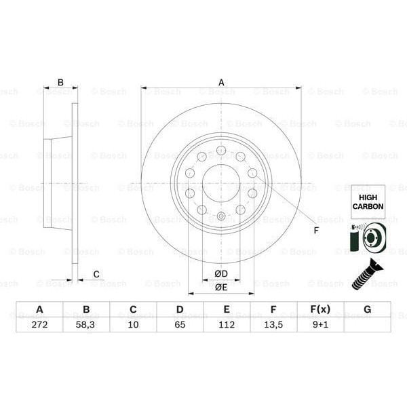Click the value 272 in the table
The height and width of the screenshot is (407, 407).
pos(39,324)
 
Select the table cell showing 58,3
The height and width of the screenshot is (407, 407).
pos(86,324)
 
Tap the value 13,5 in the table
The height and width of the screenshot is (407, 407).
pos(273,324)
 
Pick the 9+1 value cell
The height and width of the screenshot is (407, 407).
pos(319,324)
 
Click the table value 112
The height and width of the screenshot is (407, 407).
pos(227,324)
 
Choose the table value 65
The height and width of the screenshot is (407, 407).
pos(180,324)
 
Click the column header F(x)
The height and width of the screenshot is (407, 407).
pos(319,309)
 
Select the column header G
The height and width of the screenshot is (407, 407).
pos(367,309)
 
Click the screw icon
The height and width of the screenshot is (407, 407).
pos(367,273)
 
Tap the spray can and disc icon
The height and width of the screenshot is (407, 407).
pos(367,239)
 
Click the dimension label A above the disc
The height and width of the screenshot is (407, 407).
pos(221,82)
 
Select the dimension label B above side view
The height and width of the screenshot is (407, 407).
pos(60,83)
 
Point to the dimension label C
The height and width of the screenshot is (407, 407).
pos(96,274)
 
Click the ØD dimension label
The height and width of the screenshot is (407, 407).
pos(221,273)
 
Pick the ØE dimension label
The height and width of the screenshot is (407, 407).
pos(221,287)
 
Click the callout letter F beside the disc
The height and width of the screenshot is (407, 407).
pos(315,229)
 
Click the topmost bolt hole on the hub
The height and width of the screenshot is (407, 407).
pos(221,150)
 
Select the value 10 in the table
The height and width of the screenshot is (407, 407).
pos(133,324)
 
